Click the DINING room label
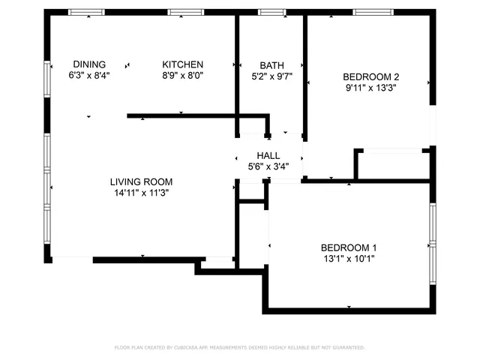pyautogui.click(x=88, y=64)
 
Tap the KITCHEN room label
pyautogui.click(x=183, y=64)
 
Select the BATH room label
pyautogui.click(x=271, y=65)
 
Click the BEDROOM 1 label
pyautogui.click(x=348, y=248)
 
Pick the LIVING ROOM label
pyautogui.click(x=141, y=181)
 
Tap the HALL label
pyautogui.click(x=268, y=155)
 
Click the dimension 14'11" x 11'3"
pyautogui.click(x=141, y=192)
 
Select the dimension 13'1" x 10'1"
pyautogui.click(x=348, y=259)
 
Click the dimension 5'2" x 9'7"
pyautogui.click(x=271, y=76)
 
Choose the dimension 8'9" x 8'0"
pyautogui.click(x=183, y=75)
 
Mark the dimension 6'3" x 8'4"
pyautogui.click(x=88, y=75)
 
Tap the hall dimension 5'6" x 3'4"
pyautogui.click(x=268, y=166)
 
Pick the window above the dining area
pyautogui.click(x=86, y=12)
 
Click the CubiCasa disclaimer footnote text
pyautogui.click(x=240, y=347)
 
